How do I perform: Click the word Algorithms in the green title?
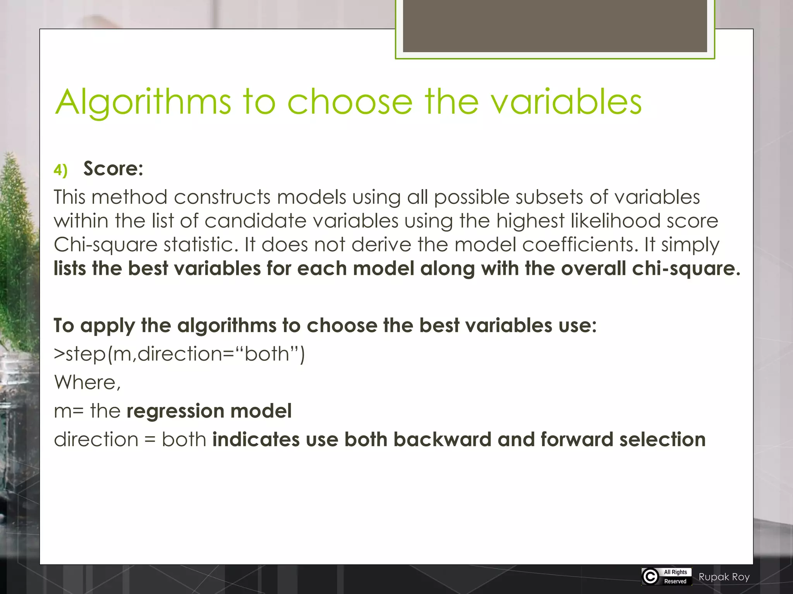pos(143,102)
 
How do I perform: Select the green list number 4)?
pos(60,170)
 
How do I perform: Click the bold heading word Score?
pos(113,169)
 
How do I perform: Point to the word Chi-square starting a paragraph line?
pos(105,245)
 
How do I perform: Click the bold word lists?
pos(70,268)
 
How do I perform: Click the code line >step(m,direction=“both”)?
pos(179,354)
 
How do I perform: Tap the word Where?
pos(88,382)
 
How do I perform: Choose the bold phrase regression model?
pos(209,411)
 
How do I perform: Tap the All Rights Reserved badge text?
pos(675,577)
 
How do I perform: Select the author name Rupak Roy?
pos(724,577)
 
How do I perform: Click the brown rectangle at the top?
pos(554,26)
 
